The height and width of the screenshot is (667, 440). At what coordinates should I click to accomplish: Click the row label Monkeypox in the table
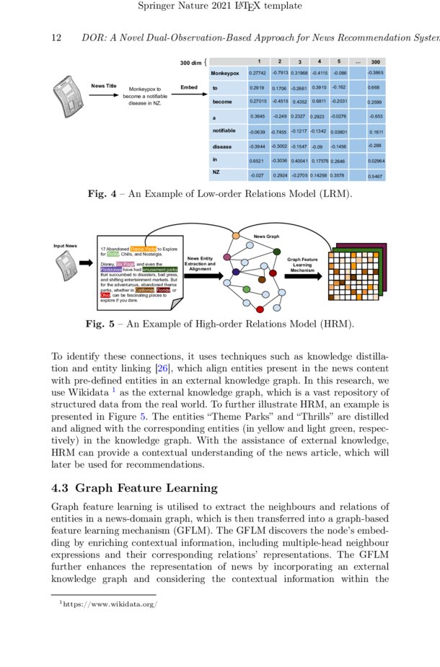(224, 74)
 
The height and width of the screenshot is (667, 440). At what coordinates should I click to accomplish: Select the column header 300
(375, 62)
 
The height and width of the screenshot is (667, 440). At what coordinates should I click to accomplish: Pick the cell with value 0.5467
(375, 176)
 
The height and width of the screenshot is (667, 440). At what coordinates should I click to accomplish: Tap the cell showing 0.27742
(257, 74)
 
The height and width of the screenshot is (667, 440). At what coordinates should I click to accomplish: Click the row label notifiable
(224, 131)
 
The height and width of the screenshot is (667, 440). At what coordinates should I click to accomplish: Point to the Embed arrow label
(189, 87)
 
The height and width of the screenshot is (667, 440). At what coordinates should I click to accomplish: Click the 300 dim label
(191, 63)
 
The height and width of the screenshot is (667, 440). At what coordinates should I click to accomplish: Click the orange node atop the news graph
(236, 237)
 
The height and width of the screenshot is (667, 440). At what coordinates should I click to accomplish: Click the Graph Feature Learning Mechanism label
(302, 265)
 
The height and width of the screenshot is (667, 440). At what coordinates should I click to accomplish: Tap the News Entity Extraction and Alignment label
(201, 264)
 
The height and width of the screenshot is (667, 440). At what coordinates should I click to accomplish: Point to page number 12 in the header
(56, 37)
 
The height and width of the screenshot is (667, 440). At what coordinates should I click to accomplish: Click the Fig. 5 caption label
(105, 324)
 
